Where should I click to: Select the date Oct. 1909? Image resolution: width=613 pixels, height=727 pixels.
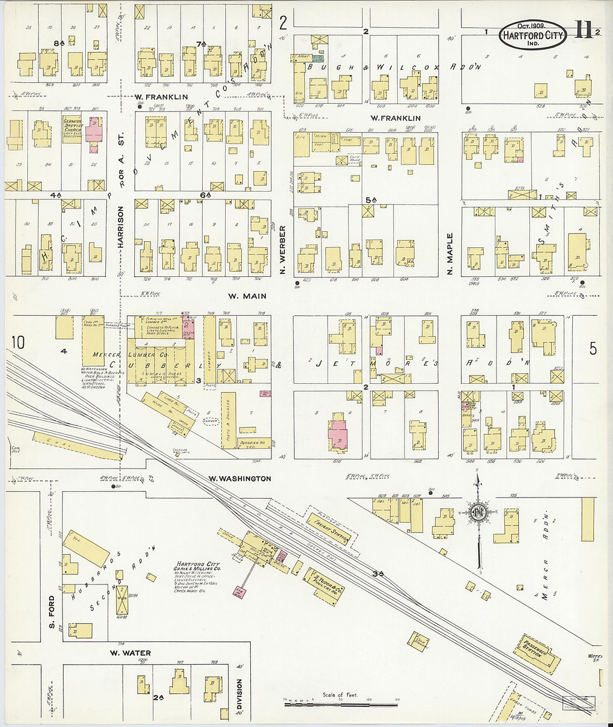pos(531,26)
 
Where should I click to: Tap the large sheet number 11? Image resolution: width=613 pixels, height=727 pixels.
pos(583,31)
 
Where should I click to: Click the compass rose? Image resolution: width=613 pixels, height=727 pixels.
pos(478,513)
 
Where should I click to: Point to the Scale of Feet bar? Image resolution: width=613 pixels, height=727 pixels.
pos(341,704)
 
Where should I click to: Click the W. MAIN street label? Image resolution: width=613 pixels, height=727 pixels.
pos(247,296)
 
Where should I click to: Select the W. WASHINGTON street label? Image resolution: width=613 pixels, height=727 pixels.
pos(240,479)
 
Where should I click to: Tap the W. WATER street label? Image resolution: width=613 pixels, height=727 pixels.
pos(130,653)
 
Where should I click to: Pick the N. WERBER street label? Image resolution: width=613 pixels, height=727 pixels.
pos(283,250)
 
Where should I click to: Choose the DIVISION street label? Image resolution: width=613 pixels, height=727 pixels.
pos(240,694)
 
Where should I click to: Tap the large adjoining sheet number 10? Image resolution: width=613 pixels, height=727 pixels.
pos(18,342)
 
